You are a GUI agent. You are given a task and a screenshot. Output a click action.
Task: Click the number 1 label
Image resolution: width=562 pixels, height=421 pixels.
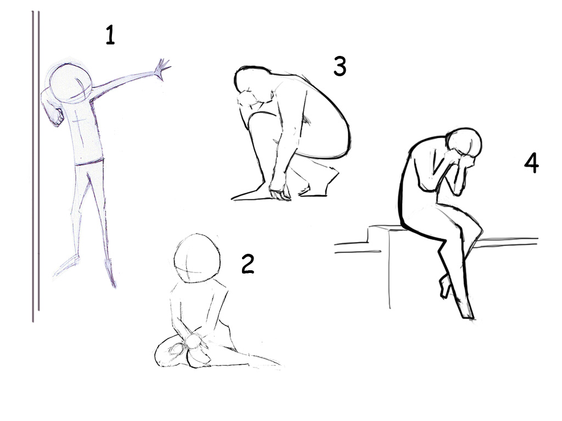point(110,35)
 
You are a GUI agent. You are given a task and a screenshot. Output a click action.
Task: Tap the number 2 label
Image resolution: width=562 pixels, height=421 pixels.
point(248,264)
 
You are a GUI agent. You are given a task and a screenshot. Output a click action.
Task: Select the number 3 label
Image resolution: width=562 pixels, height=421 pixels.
point(340,66)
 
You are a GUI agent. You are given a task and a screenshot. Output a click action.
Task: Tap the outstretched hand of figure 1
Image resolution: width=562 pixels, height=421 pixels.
point(162,70)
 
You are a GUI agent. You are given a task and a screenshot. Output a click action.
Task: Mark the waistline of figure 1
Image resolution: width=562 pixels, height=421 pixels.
point(89,162)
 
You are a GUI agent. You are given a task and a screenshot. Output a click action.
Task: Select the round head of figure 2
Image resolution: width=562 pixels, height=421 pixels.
point(197,258)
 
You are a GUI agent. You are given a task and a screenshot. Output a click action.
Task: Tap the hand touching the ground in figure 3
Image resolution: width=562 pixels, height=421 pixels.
point(279,192)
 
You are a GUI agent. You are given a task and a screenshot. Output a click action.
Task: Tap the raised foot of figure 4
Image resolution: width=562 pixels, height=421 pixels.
point(445,286)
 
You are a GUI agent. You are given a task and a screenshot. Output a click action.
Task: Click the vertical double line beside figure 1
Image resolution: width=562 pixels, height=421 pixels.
point(36,167)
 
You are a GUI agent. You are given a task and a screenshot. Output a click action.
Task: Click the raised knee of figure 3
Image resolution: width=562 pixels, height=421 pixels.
point(256,118)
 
